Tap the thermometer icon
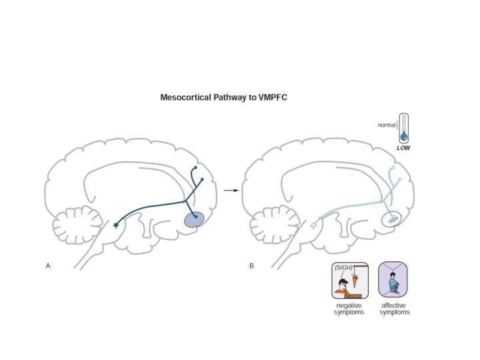point(403,128)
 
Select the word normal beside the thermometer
point(387,125)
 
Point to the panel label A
point(48,267)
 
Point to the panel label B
point(251,267)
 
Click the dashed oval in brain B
point(389,219)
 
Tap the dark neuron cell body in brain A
point(117,227)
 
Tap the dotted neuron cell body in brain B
point(313,227)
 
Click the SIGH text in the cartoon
point(342,268)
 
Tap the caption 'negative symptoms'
point(349,309)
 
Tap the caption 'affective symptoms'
point(395,309)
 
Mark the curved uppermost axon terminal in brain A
point(195,167)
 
